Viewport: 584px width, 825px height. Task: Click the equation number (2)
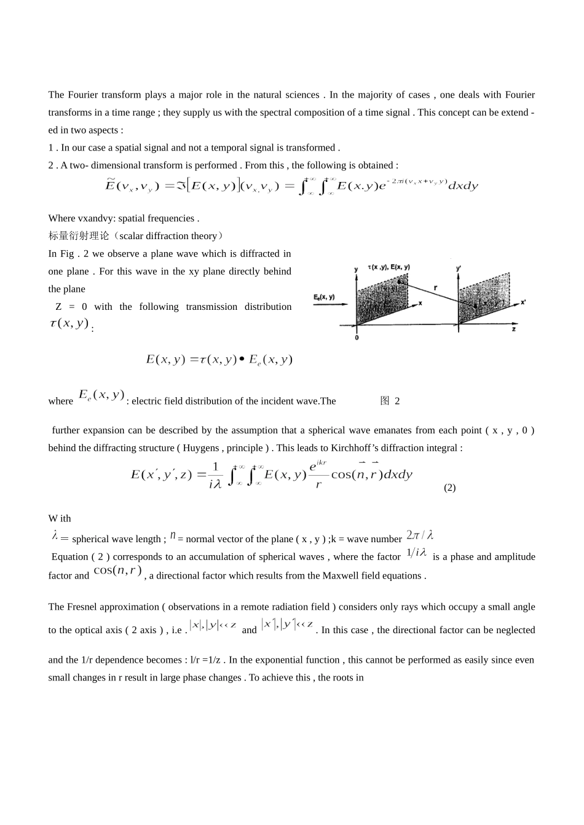coord(449,487)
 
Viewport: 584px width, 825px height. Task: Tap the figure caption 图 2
coord(390,401)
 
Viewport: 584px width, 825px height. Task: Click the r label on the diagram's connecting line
coord(435,287)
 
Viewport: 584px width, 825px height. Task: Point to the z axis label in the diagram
coord(513,330)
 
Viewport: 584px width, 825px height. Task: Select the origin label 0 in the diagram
coord(357,337)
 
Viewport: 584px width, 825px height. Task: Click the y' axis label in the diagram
coord(459,268)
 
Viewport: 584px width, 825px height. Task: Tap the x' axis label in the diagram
coord(523,302)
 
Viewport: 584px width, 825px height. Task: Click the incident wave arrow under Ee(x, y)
coord(330,304)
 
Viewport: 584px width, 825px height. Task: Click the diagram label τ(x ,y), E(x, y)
coord(389,267)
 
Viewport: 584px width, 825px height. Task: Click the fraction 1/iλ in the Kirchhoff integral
coord(215,475)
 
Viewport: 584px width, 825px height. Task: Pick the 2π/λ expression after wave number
coord(420,535)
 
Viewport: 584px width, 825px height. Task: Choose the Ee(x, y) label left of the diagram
coord(324,297)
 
